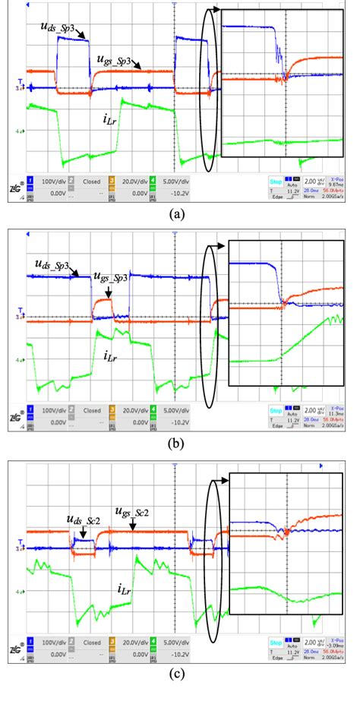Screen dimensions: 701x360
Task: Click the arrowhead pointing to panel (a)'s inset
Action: tap(217, 9)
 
